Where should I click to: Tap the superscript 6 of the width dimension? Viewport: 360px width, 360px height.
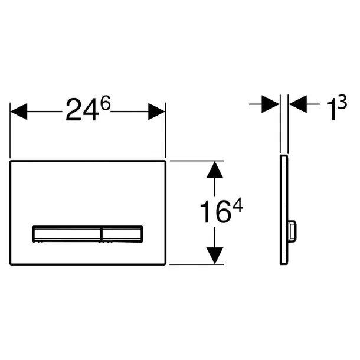106,103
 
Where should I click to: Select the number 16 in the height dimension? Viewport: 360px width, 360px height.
215,212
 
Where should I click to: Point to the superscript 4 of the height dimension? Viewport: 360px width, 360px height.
238,205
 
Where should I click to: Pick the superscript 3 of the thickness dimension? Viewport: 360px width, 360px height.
342,103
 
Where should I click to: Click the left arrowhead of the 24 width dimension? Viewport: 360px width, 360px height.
19,112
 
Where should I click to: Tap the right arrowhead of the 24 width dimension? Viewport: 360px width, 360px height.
156,112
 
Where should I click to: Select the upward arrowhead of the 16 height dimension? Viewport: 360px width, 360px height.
215,170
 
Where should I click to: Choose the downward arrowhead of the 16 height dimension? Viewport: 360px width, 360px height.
215,256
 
